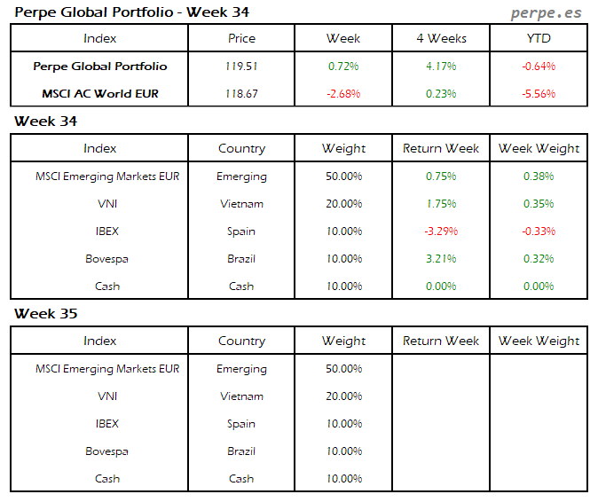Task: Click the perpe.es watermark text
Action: click(x=547, y=12)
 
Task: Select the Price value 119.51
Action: click(x=241, y=66)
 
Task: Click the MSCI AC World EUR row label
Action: click(x=99, y=93)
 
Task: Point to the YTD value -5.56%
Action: click(x=539, y=93)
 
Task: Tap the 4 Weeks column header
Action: click(x=441, y=38)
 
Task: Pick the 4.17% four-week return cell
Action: click(x=441, y=66)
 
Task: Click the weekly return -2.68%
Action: click(x=343, y=93)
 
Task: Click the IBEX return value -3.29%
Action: click(x=441, y=231)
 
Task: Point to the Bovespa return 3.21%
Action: click(x=441, y=259)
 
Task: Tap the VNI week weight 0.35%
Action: click(x=539, y=204)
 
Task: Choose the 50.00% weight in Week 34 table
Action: click(x=343, y=176)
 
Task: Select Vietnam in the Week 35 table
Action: click(x=241, y=396)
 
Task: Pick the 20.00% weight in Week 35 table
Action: click(x=343, y=396)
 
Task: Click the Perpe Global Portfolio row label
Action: click(x=99, y=66)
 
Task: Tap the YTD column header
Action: click(x=539, y=38)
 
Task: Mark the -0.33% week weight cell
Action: click(x=539, y=231)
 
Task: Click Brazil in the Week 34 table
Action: click(x=241, y=259)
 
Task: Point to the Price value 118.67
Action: click(x=241, y=93)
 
